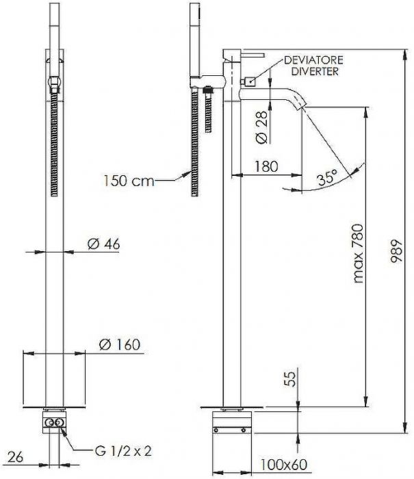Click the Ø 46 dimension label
(103, 244)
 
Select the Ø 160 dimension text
(120, 344)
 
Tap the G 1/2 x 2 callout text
(123, 451)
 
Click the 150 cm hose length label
(129, 181)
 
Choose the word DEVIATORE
(313, 60)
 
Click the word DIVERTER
(315, 71)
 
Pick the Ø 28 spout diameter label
(261, 127)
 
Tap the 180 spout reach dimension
(266, 166)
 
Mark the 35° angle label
(328, 177)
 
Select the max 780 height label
(358, 254)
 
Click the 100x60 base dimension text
(283, 465)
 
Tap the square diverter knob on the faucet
(250, 81)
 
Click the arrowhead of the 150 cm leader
(185, 174)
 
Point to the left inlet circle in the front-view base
(49, 422)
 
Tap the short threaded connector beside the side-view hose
(208, 109)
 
